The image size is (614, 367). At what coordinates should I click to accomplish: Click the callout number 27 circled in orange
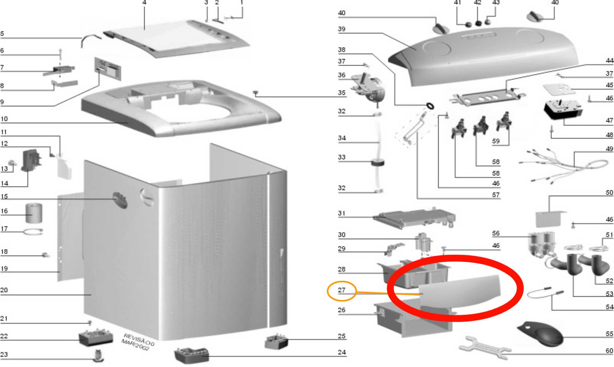(x=341, y=290)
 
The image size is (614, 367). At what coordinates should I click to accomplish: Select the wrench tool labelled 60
(x=485, y=348)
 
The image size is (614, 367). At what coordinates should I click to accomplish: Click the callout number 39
(x=341, y=29)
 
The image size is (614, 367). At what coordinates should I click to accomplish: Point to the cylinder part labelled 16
(x=33, y=213)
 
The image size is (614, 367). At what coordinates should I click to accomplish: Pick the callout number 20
(x=4, y=290)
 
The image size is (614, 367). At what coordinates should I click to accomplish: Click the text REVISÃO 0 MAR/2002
(x=138, y=342)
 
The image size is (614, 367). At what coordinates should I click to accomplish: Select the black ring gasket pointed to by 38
(x=430, y=106)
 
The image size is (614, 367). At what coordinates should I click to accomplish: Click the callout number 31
(x=341, y=213)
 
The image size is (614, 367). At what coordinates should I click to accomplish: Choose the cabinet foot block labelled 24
(x=192, y=355)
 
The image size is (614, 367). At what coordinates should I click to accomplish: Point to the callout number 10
(x=4, y=119)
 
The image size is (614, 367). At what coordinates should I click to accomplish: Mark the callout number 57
(x=496, y=195)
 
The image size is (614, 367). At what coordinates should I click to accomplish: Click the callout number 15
(x=4, y=196)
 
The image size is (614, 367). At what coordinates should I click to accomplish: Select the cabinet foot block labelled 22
(x=96, y=337)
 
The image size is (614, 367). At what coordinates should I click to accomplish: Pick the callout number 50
(x=609, y=193)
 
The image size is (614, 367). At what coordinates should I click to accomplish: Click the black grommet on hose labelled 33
(x=378, y=162)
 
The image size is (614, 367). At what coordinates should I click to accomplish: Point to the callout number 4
(x=144, y=2)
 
